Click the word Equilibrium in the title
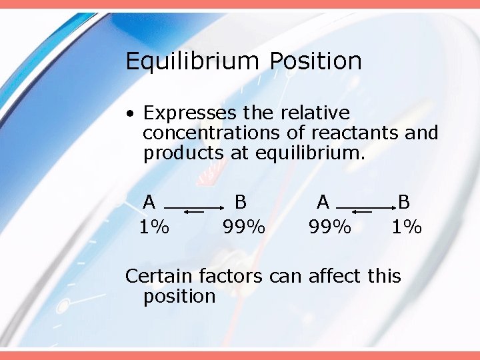191,61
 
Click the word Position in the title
315,61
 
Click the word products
184,153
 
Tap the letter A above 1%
149,201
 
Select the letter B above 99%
241,201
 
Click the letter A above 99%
323,201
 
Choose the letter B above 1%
404,201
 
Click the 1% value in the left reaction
154,227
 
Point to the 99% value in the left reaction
244,227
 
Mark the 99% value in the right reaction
330,227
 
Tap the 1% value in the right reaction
407,227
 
